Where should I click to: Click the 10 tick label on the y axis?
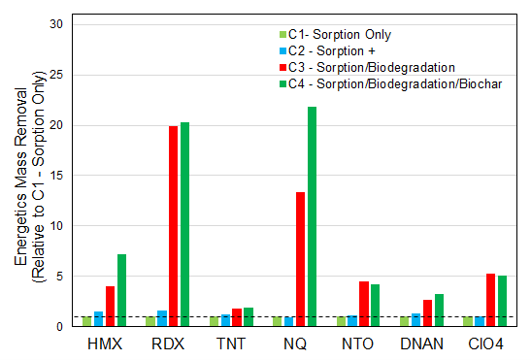[59, 225]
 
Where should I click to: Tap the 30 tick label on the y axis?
[59, 24]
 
